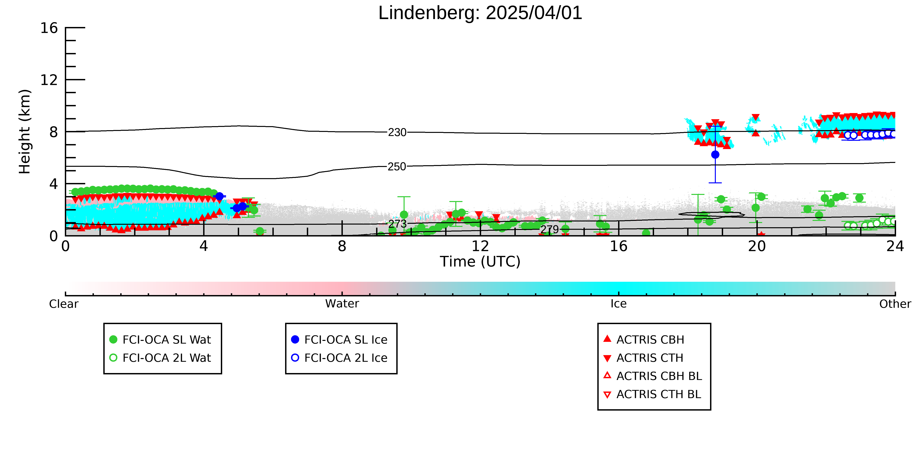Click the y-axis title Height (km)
click(x=25, y=132)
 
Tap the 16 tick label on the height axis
click(x=49, y=28)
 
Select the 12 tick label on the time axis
click(x=480, y=247)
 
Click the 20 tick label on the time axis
click(x=757, y=247)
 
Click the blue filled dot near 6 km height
click(x=715, y=155)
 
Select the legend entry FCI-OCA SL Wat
click(x=160, y=340)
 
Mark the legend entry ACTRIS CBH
click(x=644, y=340)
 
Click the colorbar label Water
click(x=342, y=304)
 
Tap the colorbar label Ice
click(x=619, y=304)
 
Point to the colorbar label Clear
click(x=64, y=304)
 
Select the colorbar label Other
click(x=895, y=304)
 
